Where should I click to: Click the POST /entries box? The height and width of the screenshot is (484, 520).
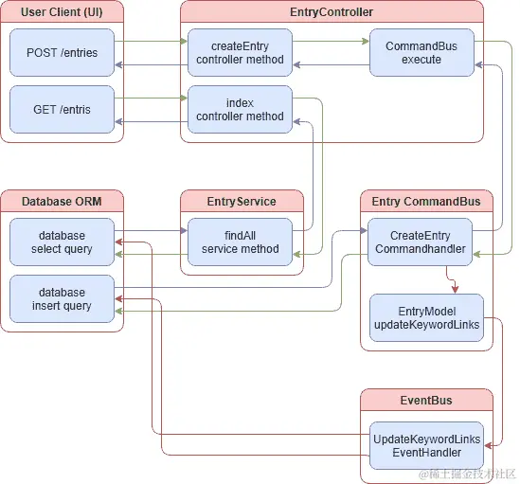tap(62, 53)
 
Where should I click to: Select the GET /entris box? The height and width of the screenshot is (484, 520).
tap(62, 109)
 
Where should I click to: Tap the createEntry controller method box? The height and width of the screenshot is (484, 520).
tap(240, 53)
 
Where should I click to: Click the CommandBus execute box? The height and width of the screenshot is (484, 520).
tap(421, 53)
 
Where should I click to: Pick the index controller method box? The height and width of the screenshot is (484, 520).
tap(240, 109)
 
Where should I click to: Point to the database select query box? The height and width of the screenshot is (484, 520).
tap(62, 242)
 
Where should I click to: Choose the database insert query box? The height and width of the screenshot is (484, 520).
tap(62, 299)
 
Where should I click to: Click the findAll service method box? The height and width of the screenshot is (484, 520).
tap(240, 242)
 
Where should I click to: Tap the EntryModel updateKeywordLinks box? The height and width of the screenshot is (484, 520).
tap(425, 318)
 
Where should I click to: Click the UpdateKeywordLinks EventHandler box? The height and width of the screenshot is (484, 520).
tap(425, 446)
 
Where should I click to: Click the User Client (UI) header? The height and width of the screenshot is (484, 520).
tap(62, 12)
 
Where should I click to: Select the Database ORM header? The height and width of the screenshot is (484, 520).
tap(62, 201)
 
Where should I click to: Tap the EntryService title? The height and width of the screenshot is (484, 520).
tap(242, 201)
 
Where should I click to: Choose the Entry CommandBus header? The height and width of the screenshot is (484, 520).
tap(425, 201)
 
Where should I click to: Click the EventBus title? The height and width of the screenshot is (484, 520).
tap(425, 400)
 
